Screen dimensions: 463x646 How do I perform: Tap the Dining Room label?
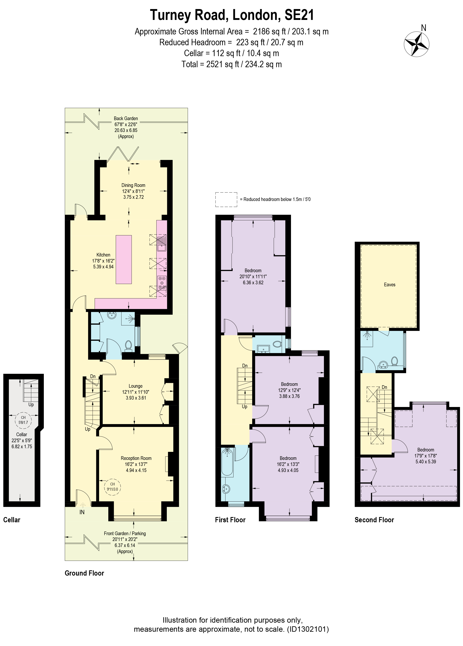click(133, 185)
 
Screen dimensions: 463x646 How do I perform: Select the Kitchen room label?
click(103, 255)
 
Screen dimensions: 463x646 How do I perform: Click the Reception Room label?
click(136, 458)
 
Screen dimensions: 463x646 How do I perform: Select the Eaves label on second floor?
click(390, 284)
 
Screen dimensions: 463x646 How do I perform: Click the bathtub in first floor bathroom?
click(227, 462)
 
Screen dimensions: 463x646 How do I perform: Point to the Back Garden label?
click(126, 118)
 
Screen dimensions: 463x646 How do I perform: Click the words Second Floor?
click(374, 520)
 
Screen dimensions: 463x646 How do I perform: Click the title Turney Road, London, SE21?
click(232, 15)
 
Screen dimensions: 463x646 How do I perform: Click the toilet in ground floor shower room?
click(128, 345)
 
